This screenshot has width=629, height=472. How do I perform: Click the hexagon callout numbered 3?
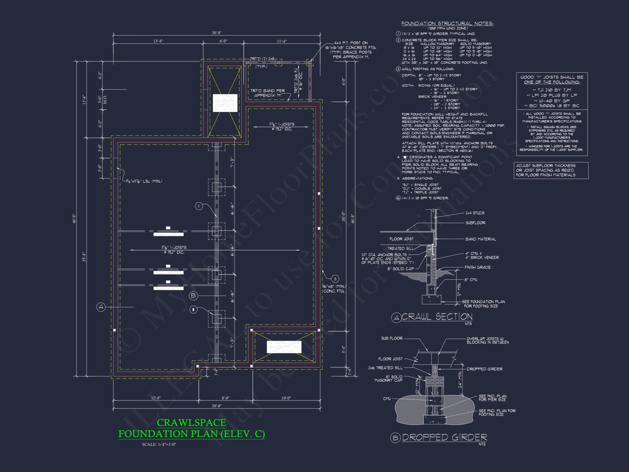tap(335, 279)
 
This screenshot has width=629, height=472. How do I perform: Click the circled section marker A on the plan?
tap(101, 307)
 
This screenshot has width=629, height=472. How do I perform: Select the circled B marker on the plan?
tap(193, 295)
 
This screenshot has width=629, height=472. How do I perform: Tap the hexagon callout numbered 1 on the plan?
tap(199, 206)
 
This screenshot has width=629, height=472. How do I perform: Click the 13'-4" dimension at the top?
tap(158, 41)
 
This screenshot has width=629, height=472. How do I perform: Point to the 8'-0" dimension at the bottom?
tap(225, 398)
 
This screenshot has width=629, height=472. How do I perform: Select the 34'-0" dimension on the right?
tap(343, 217)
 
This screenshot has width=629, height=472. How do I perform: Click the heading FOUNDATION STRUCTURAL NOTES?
tap(447, 24)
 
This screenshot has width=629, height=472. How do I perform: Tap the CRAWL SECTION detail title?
tap(437, 317)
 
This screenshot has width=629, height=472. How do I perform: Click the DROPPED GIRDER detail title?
tap(444, 437)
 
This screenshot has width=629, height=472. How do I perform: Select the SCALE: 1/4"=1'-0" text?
tap(159, 444)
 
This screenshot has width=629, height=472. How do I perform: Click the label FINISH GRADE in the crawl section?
tap(477, 267)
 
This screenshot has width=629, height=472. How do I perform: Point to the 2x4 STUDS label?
tap(475, 213)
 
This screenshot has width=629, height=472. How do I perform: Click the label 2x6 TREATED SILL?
tap(385, 368)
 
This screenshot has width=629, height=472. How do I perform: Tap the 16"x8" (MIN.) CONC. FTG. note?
tap(334, 289)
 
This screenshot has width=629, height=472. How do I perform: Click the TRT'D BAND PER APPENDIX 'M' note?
tap(268, 93)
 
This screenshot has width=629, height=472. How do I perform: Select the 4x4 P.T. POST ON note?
tap(351, 43)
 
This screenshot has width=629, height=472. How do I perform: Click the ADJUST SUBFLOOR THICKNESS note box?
tap(551, 170)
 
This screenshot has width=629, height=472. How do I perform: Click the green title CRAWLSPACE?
tap(191, 423)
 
